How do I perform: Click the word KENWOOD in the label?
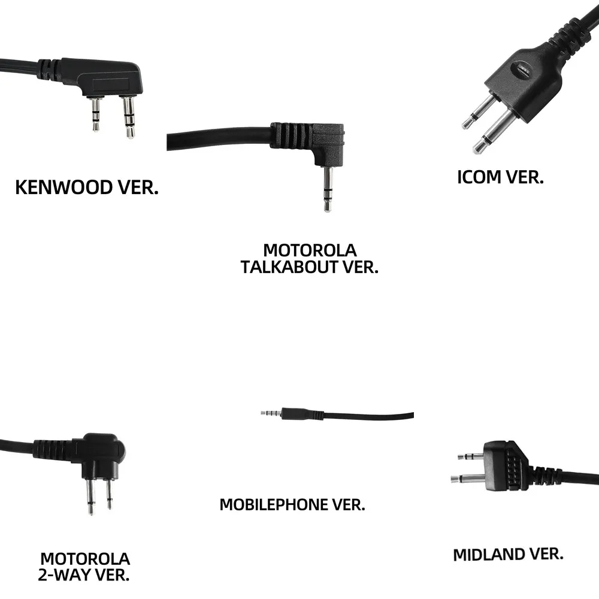pos(56,187)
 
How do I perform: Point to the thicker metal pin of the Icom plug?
pos(494,132)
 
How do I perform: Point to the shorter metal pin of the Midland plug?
pos(470,456)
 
